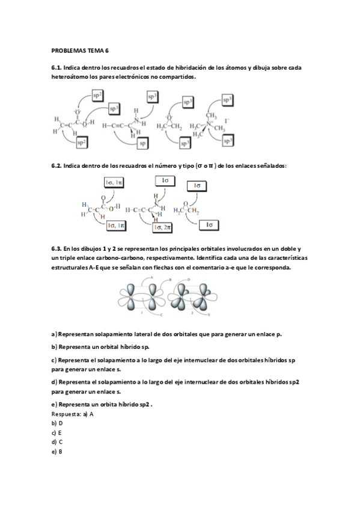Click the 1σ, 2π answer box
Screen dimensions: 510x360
163,227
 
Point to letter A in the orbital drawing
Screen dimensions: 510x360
151,277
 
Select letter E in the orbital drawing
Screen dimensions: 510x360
208,315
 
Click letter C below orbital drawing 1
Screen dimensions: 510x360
162,315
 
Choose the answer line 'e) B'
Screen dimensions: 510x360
58,451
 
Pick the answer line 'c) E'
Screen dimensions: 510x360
58,433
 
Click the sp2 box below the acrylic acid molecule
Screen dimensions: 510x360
81,142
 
